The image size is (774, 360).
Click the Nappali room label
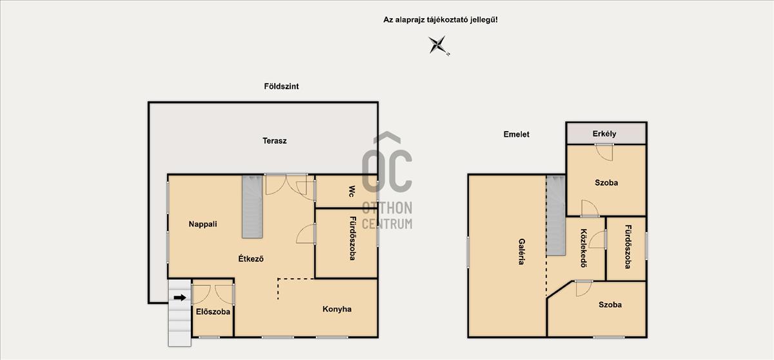203,225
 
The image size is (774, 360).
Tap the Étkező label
251,259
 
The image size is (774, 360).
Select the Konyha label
337,309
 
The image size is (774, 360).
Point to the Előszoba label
213,312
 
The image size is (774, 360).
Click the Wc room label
352,192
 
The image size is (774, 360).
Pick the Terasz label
274,141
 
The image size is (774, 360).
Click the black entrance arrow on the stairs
180,297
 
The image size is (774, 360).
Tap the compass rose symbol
439,45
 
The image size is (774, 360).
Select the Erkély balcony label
604,134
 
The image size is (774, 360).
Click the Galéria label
521,252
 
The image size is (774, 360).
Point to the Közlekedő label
584,248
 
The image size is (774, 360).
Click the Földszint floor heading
281,86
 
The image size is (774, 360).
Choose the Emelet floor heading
516,134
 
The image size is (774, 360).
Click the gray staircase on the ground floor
252,206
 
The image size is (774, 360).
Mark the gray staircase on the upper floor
555,215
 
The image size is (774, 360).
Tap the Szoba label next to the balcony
606,183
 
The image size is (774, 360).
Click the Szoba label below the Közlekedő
610,305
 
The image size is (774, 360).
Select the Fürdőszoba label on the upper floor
628,246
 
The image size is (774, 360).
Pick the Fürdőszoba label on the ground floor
352,239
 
